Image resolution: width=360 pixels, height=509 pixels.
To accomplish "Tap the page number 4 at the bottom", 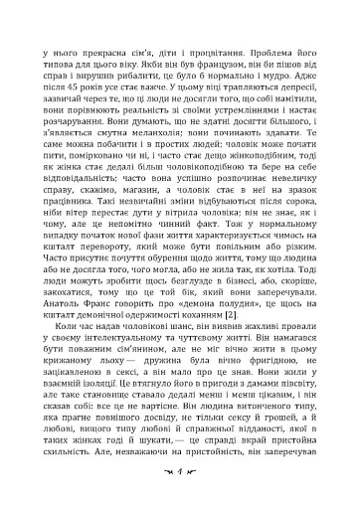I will [x=180, y=494].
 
